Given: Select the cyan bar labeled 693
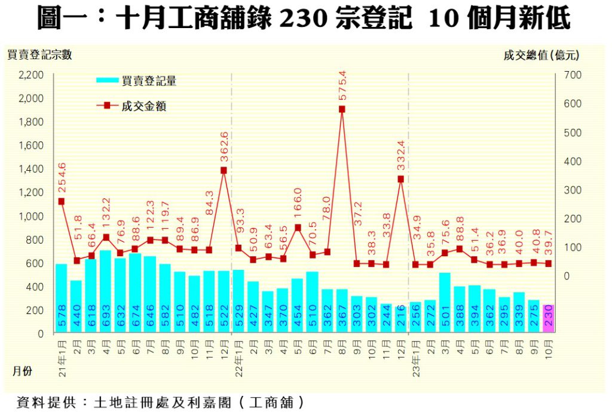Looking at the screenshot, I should click(105, 292).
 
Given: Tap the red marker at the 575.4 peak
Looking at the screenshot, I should click(342, 109).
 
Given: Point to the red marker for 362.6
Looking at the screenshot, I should click(224, 170).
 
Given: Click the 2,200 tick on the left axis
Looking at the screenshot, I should click(31, 75).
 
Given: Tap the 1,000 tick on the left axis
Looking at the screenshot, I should click(31, 216).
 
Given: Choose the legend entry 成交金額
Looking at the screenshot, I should click(143, 106).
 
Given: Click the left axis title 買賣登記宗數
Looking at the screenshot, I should click(39, 56).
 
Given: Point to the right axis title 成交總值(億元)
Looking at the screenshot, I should click(541, 56).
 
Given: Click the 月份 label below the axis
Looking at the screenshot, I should click(23, 371).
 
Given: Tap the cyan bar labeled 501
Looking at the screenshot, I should click(445, 303).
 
